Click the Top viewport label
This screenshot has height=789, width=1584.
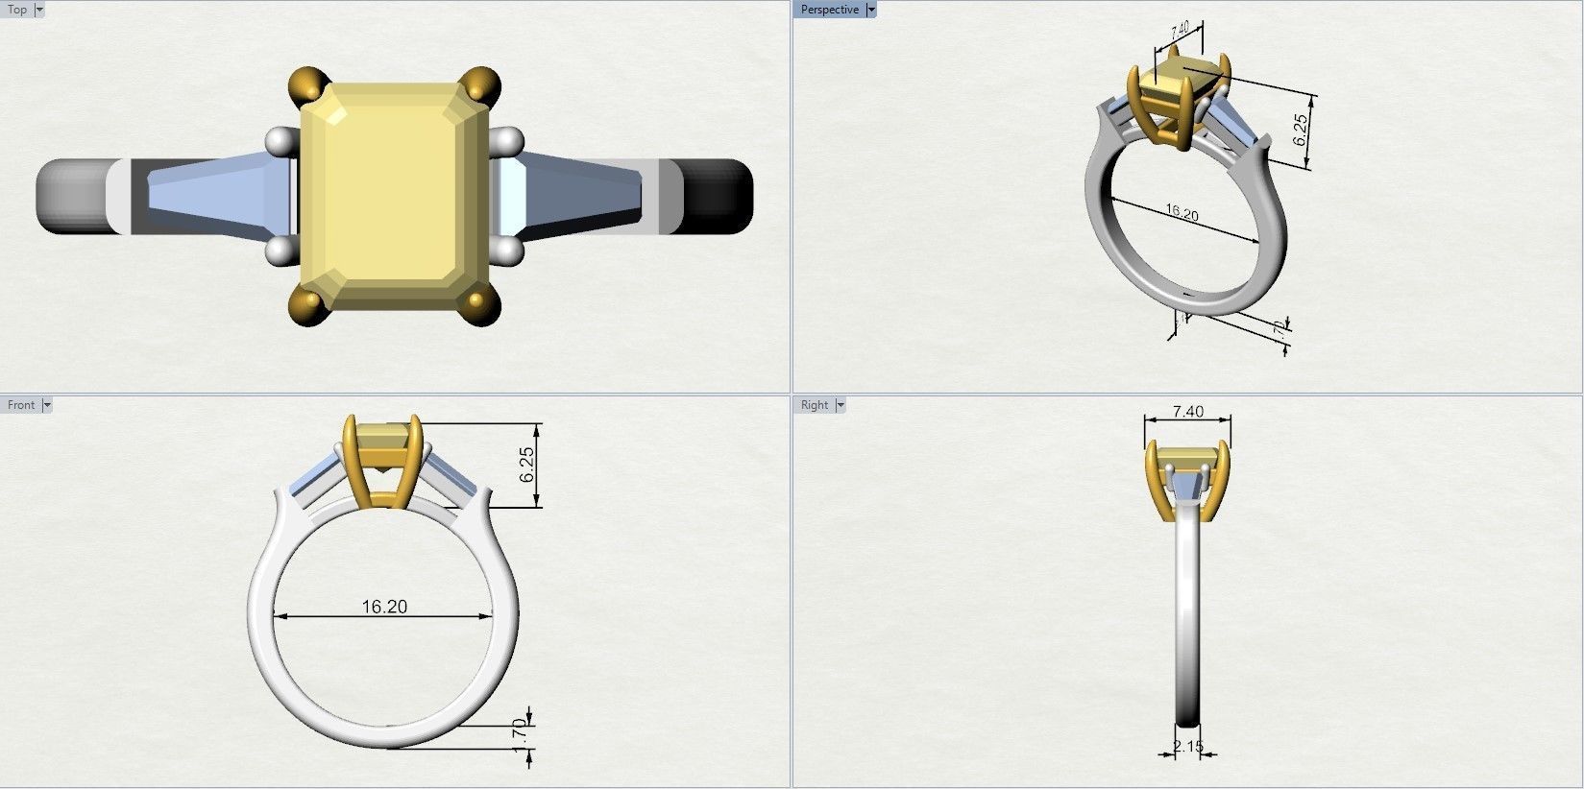(x=17, y=10)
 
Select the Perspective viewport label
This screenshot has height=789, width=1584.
(x=829, y=10)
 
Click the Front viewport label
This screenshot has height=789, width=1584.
(x=20, y=405)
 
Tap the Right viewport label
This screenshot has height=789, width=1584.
(x=814, y=405)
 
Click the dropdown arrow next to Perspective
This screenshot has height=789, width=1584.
(x=871, y=10)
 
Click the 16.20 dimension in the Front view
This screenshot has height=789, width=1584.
(x=384, y=607)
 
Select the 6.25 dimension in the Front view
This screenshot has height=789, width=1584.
(x=526, y=465)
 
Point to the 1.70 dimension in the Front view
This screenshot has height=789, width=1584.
(x=520, y=736)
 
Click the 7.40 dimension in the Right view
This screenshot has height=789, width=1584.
(x=1188, y=412)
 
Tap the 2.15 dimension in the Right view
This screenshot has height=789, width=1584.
(x=1188, y=746)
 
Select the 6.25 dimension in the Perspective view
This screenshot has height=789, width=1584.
(x=1301, y=130)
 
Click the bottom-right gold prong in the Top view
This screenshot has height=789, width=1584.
(x=477, y=308)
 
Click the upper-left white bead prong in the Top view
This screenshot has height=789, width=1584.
(x=279, y=141)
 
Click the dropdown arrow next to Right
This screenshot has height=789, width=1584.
(x=841, y=405)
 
